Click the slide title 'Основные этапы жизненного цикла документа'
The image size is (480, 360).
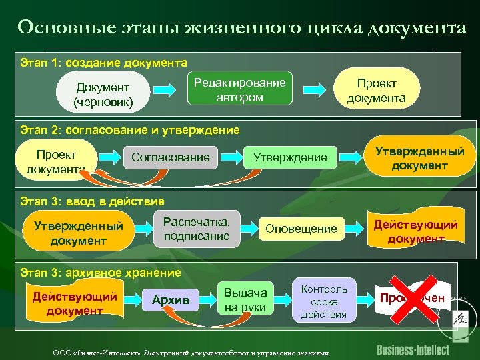point(241,28)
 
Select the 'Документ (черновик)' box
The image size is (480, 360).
point(103,95)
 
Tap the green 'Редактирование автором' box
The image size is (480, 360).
point(239,89)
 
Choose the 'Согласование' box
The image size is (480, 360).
point(171,157)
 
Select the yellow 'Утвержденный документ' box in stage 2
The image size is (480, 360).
point(419,158)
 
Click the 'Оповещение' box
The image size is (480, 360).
point(301,229)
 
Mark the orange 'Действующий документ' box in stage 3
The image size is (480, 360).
point(415,231)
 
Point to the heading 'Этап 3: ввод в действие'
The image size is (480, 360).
point(92,201)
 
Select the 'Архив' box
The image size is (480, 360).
point(171,300)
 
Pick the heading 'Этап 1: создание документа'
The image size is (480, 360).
point(104,63)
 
